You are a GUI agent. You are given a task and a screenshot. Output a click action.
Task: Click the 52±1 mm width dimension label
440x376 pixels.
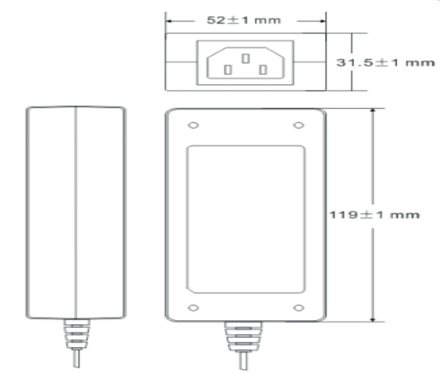pyautogui.click(x=243, y=20)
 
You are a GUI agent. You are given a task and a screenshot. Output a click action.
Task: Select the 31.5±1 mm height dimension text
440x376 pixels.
pyautogui.click(x=385, y=62)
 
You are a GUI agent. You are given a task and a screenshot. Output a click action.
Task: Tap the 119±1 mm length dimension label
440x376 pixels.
pyautogui.click(x=374, y=215)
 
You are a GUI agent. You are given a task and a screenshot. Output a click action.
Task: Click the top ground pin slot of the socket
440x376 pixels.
pyautogui.click(x=246, y=58)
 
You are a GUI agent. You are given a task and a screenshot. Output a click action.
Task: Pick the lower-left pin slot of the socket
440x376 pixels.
pyautogui.click(x=228, y=70)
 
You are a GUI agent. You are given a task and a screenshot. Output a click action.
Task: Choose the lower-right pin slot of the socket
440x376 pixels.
pyautogui.click(x=263, y=70)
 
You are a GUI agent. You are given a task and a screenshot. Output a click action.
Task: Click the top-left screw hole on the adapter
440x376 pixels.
pyautogui.click(x=193, y=125)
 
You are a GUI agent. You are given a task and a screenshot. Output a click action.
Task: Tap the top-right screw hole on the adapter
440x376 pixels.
pyautogui.click(x=298, y=125)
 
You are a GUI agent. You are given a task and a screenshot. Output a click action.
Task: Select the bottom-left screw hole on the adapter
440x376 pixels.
pyautogui.click(x=193, y=308)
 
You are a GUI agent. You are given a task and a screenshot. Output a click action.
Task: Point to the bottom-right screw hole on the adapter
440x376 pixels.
pyautogui.click(x=298, y=308)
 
